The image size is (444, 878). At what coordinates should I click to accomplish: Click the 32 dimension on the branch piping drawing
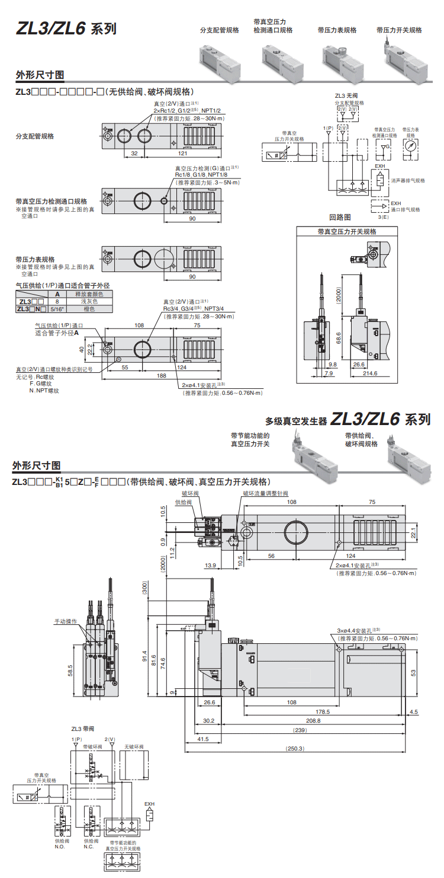[x=134, y=153]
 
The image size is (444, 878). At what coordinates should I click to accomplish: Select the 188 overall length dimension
[x=160, y=376]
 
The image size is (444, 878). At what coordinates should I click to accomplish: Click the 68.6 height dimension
[x=339, y=337]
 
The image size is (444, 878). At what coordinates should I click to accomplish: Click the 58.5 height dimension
[x=70, y=671]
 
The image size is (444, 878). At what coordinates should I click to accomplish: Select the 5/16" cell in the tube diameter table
[x=57, y=309]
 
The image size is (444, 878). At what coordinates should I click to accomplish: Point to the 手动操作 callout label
[x=66, y=621]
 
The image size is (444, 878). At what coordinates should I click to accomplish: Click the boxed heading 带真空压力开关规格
[x=346, y=232]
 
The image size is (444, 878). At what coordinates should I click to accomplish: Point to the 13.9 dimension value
[x=210, y=566]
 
